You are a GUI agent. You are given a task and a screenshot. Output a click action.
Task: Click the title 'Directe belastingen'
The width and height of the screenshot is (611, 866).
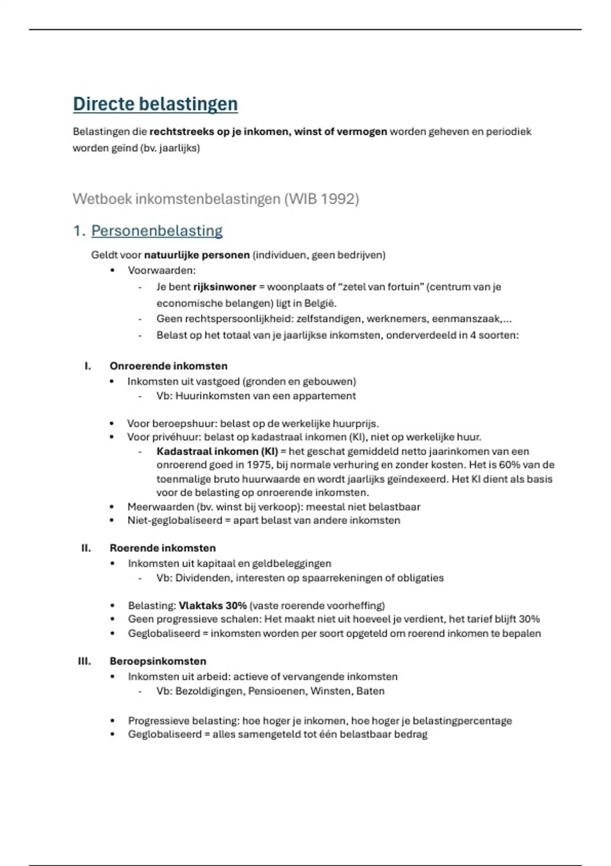click(x=155, y=104)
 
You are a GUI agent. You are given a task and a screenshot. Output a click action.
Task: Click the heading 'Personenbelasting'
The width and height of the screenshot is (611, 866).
click(x=157, y=231)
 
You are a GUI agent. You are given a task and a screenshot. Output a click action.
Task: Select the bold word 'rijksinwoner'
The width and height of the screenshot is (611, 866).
click(x=225, y=287)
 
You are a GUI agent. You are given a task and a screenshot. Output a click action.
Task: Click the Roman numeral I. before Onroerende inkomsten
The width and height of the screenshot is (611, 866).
click(x=88, y=366)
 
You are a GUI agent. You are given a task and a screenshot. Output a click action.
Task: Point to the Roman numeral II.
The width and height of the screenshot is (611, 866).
click(x=86, y=548)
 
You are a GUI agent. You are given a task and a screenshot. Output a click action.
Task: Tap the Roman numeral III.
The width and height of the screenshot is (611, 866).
click(x=85, y=661)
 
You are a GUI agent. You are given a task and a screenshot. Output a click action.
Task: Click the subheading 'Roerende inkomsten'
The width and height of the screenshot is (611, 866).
click(x=162, y=548)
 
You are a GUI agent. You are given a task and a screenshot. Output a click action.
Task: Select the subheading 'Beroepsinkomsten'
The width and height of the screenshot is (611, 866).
click(x=158, y=661)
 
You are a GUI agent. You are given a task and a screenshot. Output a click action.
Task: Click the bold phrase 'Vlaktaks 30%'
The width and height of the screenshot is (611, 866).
click(x=213, y=605)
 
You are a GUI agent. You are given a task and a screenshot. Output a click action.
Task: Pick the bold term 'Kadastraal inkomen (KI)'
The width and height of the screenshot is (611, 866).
click(x=217, y=451)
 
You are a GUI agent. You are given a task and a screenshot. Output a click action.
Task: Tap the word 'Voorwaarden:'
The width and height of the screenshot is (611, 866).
click(x=162, y=270)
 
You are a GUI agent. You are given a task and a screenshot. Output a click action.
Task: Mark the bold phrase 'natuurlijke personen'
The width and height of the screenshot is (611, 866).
click(x=197, y=255)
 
